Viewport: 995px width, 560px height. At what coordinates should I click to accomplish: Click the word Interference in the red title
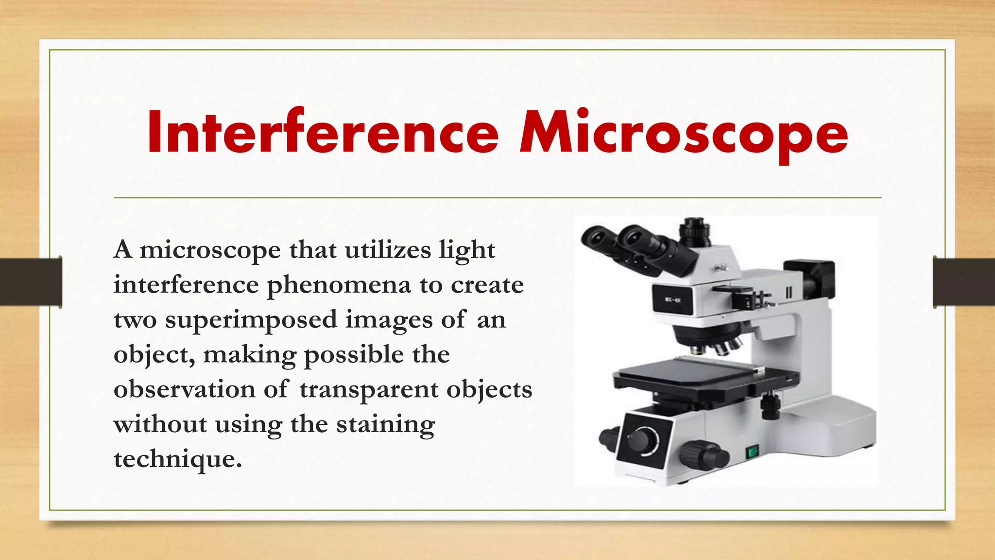click(x=323, y=132)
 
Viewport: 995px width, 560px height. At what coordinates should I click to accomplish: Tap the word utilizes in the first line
click(x=388, y=250)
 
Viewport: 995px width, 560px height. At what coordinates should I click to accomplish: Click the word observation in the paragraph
click(x=184, y=390)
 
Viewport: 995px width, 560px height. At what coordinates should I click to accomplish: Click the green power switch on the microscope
click(x=752, y=452)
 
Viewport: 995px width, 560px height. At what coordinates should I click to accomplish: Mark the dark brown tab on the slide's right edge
click(x=964, y=282)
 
